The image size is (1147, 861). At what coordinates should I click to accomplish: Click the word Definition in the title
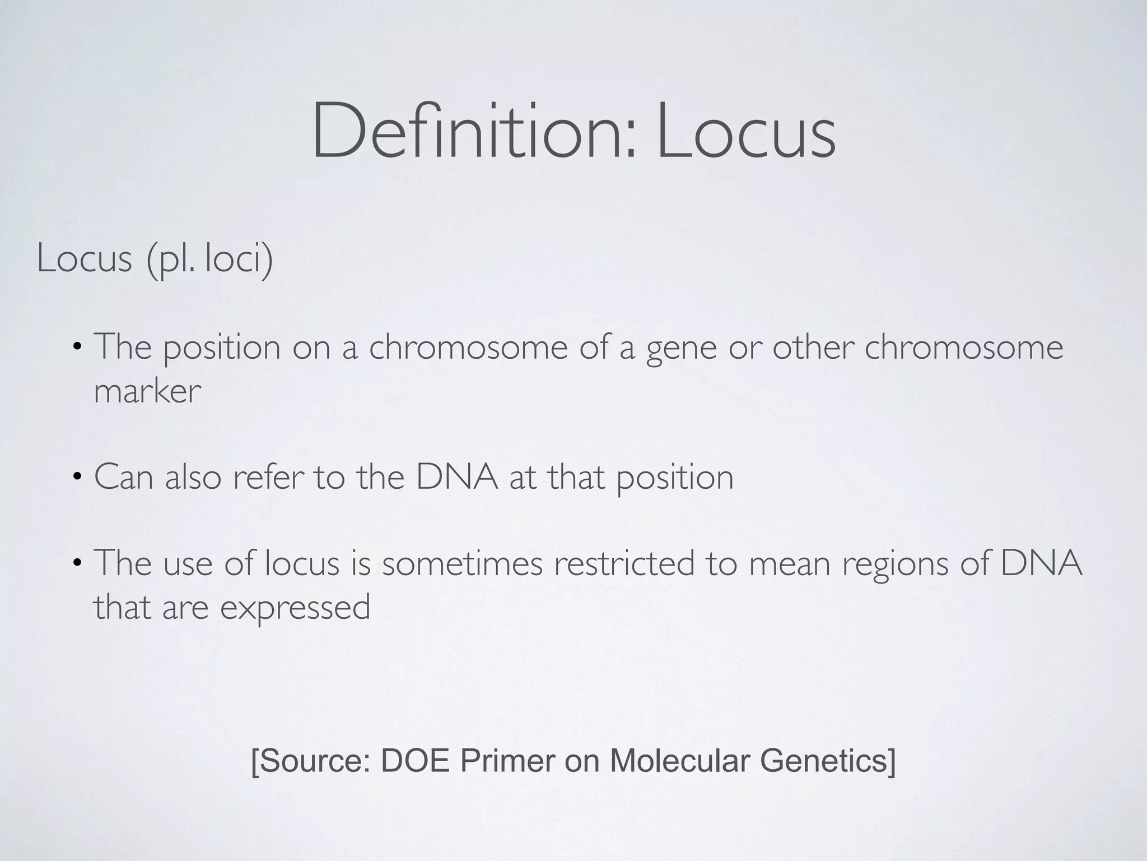coord(474,131)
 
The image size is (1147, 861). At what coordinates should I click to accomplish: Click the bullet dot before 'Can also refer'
coord(77,478)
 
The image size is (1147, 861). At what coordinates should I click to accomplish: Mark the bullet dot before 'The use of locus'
coord(77,564)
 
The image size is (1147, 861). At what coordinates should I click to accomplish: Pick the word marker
coord(147,391)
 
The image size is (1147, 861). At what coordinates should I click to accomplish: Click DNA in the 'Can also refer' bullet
coord(457,478)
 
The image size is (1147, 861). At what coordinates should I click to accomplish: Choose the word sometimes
coord(462,564)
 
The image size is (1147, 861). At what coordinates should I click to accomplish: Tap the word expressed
coord(295,608)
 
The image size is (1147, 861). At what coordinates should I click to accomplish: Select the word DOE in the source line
coord(415,761)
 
